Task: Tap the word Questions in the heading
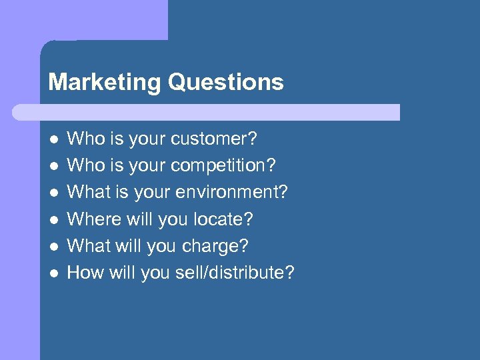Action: click(226, 83)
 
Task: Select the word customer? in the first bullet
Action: click(214, 139)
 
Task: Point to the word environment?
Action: click(231, 193)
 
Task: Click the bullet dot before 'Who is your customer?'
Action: click(53, 139)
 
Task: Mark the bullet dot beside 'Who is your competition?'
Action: click(53, 166)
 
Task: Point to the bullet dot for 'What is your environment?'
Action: click(53, 193)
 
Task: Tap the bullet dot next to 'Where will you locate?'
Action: click(53, 219)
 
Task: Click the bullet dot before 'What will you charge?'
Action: click(53, 246)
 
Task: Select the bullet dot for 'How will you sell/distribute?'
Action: click(53, 273)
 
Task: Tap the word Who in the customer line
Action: click(83, 139)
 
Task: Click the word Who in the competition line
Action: click(83, 166)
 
